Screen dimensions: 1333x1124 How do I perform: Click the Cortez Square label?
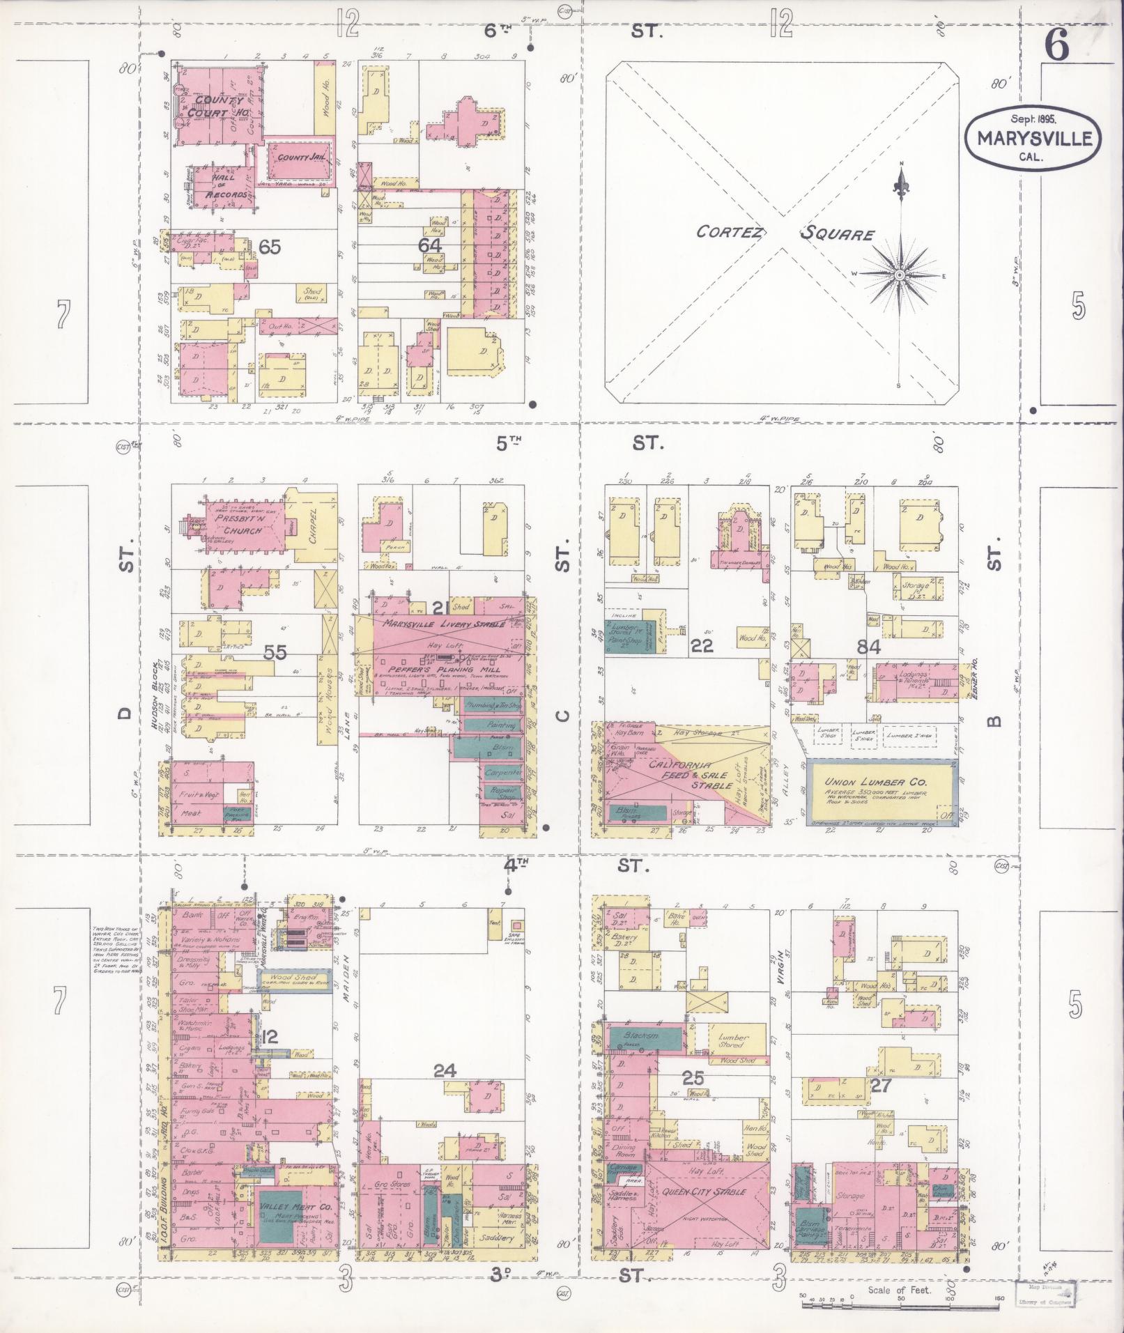(784, 233)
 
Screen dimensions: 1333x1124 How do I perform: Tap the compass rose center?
(900, 275)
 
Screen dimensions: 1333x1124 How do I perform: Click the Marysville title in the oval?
(1034, 139)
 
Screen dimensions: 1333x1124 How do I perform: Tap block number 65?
(269, 246)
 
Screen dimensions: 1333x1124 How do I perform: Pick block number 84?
(869, 646)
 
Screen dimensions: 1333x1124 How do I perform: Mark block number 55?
(275, 652)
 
